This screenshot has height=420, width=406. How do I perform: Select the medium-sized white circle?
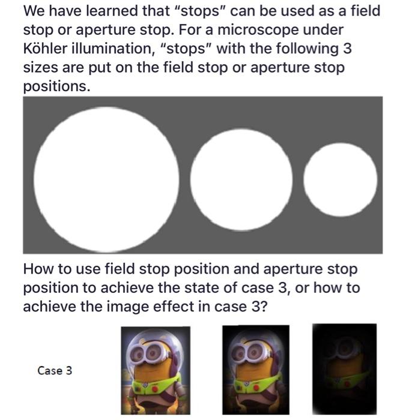(x=241, y=178)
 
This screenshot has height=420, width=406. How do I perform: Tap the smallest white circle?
(x=341, y=179)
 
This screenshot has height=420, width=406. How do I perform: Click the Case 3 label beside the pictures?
(x=55, y=370)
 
